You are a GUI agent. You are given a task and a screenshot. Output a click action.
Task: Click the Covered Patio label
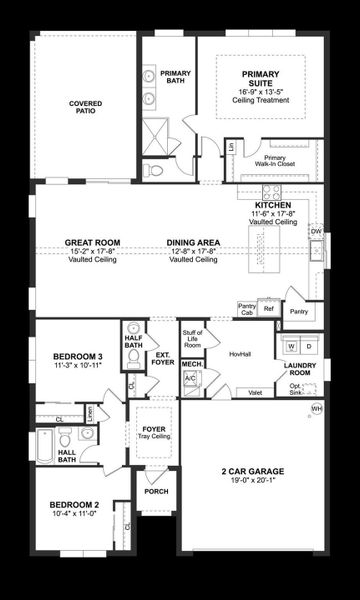tap(86, 108)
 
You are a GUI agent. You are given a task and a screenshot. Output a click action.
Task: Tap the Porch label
tap(156, 491)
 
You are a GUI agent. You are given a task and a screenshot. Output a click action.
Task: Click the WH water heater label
tap(317, 409)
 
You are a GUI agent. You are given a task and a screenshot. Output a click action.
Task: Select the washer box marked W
tap(291, 346)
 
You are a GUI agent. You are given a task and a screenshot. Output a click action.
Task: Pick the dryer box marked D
tap(309, 346)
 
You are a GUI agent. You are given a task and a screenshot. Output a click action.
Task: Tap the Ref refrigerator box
tap(267, 310)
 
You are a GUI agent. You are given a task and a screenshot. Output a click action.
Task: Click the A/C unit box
tap(190, 379)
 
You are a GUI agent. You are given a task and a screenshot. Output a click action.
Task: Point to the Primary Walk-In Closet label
tap(274, 162)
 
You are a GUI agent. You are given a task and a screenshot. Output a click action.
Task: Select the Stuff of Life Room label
tap(192, 338)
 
